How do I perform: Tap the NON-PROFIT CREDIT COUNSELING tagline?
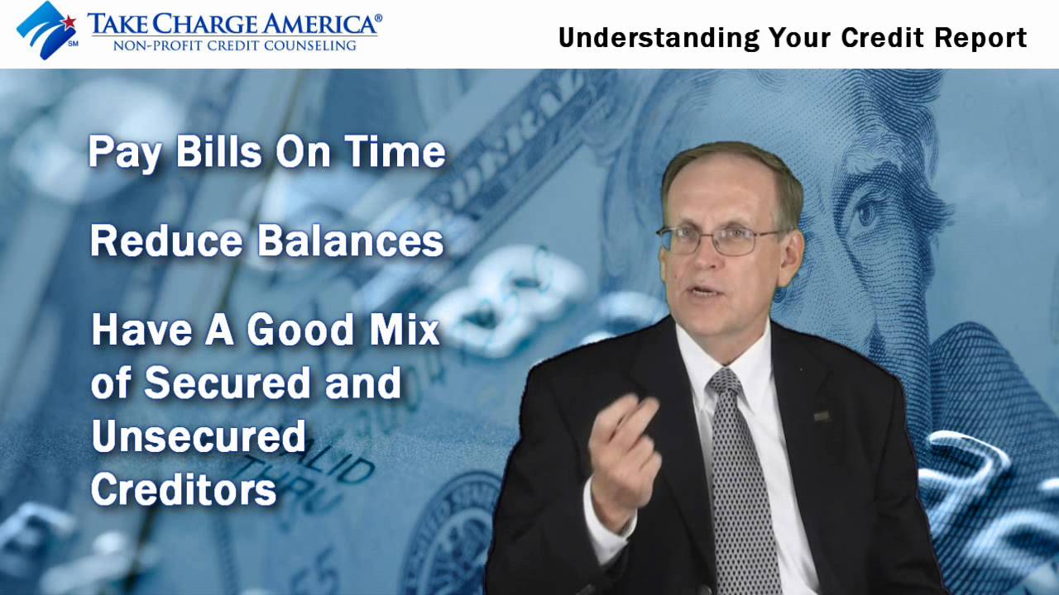point(234,45)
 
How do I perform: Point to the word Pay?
point(124,154)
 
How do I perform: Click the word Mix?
point(405,330)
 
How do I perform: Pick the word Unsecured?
point(199,436)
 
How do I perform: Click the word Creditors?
point(183,489)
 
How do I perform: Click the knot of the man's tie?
point(726,382)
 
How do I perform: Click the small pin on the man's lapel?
point(822,416)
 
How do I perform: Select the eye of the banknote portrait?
point(865,213)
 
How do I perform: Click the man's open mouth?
point(706,291)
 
